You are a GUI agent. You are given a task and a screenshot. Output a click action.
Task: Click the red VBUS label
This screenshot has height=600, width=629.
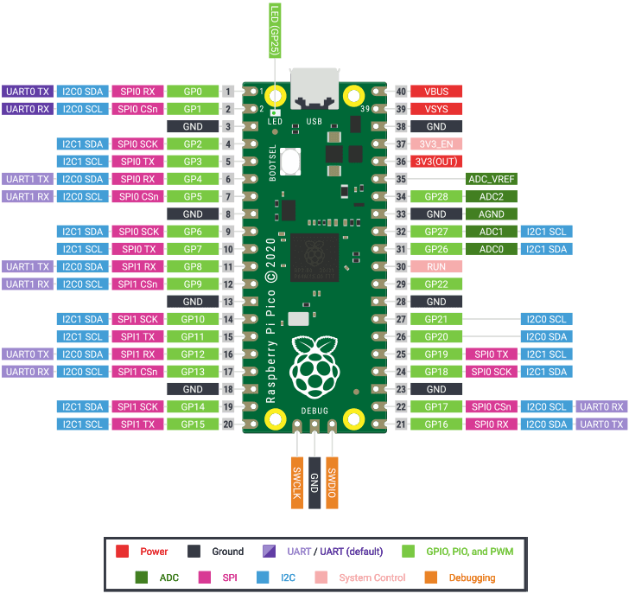[x=436, y=92]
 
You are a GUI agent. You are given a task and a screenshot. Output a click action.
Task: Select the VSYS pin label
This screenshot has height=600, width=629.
[x=436, y=109]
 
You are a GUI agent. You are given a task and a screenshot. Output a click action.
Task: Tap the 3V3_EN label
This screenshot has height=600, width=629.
[x=436, y=144]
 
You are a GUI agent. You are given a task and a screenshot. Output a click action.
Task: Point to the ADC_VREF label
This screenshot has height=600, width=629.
[x=491, y=179]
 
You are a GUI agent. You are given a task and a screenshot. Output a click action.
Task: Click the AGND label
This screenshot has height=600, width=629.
[x=491, y=214]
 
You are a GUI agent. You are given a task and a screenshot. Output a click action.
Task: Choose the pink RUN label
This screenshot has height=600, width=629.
[x=436, y=267]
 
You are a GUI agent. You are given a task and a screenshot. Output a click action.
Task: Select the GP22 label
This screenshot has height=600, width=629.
[x=436, y=284]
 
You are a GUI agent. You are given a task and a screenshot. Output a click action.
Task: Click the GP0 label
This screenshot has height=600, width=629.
[x=193, y=92]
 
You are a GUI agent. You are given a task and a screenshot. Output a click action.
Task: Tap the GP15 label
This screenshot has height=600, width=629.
[x=193, y=424]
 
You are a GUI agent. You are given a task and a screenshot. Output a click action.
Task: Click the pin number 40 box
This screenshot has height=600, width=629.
[x=401, y=92]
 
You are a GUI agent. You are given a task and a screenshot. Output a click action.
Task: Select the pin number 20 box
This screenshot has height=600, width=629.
[x=228, y=424]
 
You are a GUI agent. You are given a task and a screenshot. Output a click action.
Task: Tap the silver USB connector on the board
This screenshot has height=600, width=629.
[x=314, y=86]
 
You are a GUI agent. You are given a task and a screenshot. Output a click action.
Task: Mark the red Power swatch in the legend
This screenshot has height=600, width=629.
[x=122, y=551]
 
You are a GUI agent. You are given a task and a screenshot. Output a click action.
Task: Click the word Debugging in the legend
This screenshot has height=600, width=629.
[x=472, y=578]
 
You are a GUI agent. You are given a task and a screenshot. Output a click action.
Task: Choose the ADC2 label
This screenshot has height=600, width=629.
[x=491, y=197]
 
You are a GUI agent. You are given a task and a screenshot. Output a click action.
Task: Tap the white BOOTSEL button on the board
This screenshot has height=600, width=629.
[x=289, y=161]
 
